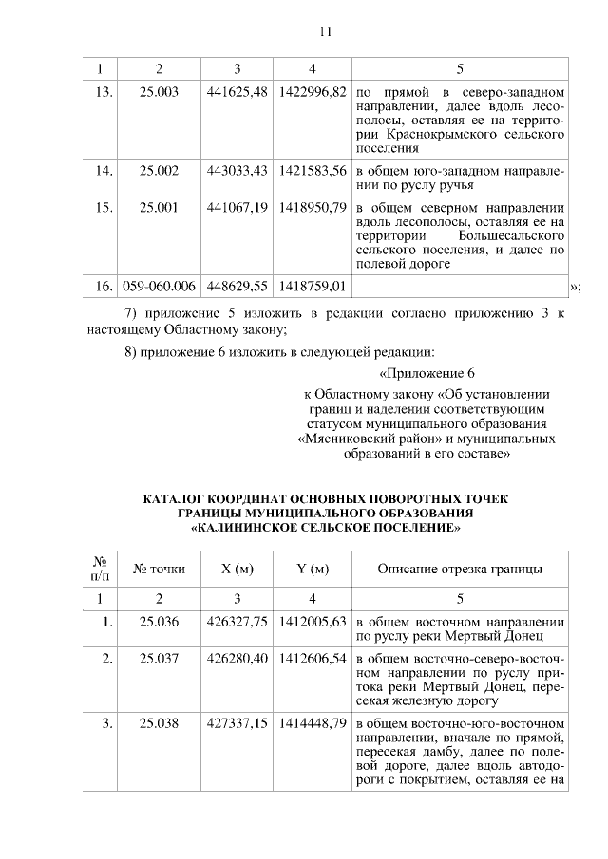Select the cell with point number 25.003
point(159,94)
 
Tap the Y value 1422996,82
point(312,94)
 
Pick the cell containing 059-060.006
point(159,285)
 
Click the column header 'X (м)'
point(237,570)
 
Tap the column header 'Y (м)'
point(312,570)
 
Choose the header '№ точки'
point(159,570)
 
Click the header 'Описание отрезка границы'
point(460,570)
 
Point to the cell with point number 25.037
point(159,658)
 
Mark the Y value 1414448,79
point(312,723)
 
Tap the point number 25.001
point(159,206)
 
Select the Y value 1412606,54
point(312,658)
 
